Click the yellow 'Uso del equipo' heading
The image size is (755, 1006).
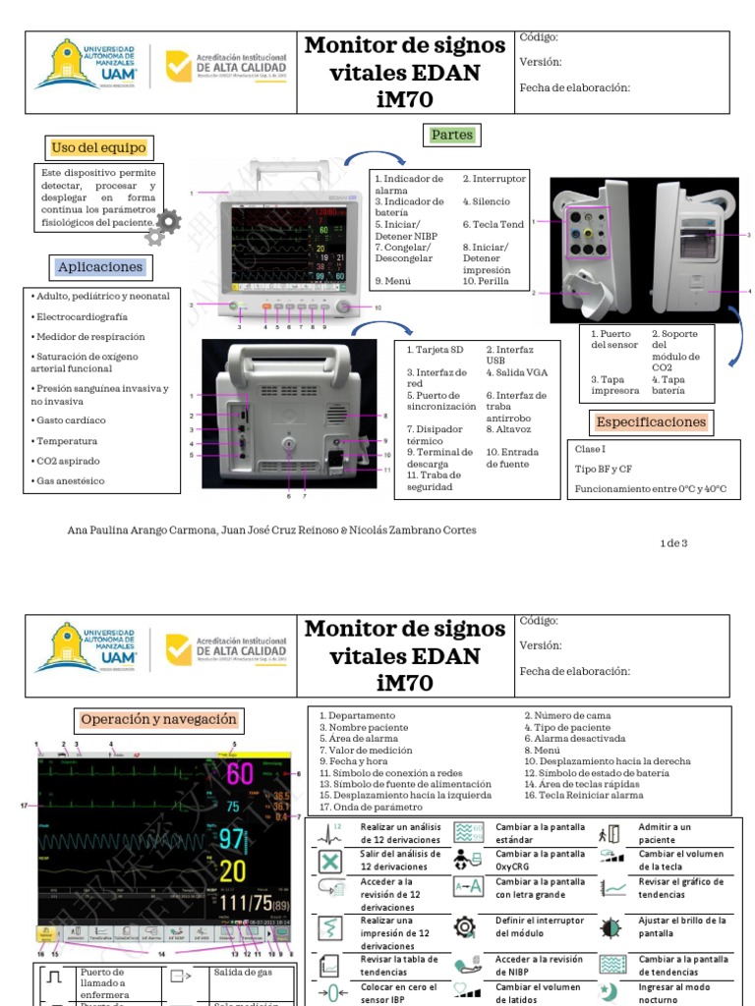pyautogui.click(x=98, y=148)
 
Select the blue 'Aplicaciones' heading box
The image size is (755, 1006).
pyautogui.click(x=99, y=267)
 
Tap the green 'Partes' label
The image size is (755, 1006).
pyautogui.click(x=451, y=135)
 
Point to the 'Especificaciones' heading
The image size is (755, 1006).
pyautogui.click(x=651, y=422)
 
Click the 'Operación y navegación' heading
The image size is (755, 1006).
pyautogui.click(x=159, y=720)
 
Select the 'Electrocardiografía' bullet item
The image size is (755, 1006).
pyautogui.click(x=82, y=317)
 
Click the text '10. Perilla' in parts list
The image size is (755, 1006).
pyautogui.click(x=486, y=281)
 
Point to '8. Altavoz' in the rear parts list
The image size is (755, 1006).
pyautogui.click(x=508, y=429)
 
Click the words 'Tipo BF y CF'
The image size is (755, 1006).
pyautogui.click(x=605, y=469)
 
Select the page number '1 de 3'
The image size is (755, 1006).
pyautogui.click(x=673, y=543)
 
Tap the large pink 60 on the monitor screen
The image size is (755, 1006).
pyautogui.click(x=240, y=774)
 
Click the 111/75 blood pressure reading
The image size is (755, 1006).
pyautogui.click(x=247, y=904)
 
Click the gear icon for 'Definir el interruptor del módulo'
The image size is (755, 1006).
pyautogui.click(x=464, y=927)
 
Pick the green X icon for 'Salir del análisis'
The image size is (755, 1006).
pyautogui.click(x=331, y=862)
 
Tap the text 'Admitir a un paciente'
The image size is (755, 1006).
pyautogui.click(x=665, y=834)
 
